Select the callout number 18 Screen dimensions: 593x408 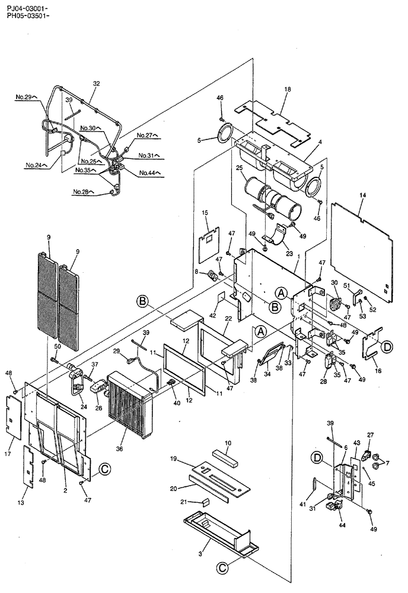pyautogui.click(x=288, y=90)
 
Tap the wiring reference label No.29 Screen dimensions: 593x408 pyautogui.click(x=26, y=96)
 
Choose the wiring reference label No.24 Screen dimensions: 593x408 pyautogui.click(x=36, y=165)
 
